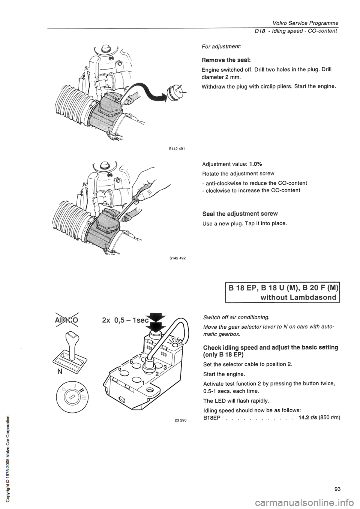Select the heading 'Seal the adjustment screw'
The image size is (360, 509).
pyautogui.click(x=240, y=213)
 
